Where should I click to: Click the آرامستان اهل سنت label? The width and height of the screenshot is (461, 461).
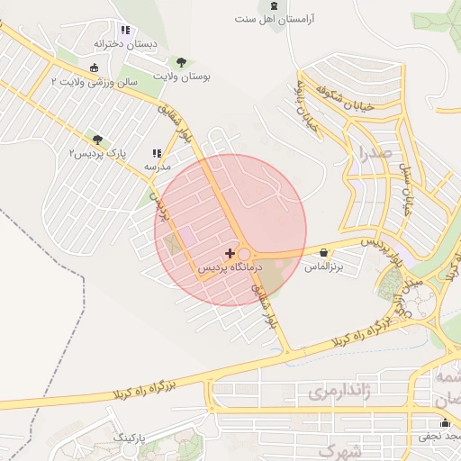coord(280,19)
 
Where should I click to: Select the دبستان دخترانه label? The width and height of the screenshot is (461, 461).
coord(125,43)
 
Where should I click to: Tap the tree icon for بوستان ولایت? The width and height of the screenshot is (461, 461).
coord(183,62)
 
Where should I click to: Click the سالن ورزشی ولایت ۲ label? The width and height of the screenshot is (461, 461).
coord(94,82)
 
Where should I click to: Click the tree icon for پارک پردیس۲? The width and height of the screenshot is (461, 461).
coord(97,140)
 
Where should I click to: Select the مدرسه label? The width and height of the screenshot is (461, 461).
coord(158,167)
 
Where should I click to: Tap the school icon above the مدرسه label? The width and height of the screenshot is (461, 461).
coord(158,154)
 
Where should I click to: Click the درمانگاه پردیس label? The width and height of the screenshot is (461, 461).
coord(229,268)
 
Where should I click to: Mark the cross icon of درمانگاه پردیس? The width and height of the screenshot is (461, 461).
coord(230,254)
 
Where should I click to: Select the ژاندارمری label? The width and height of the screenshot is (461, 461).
coord(338,393)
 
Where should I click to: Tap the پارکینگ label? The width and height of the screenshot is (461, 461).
coord(128,437)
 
